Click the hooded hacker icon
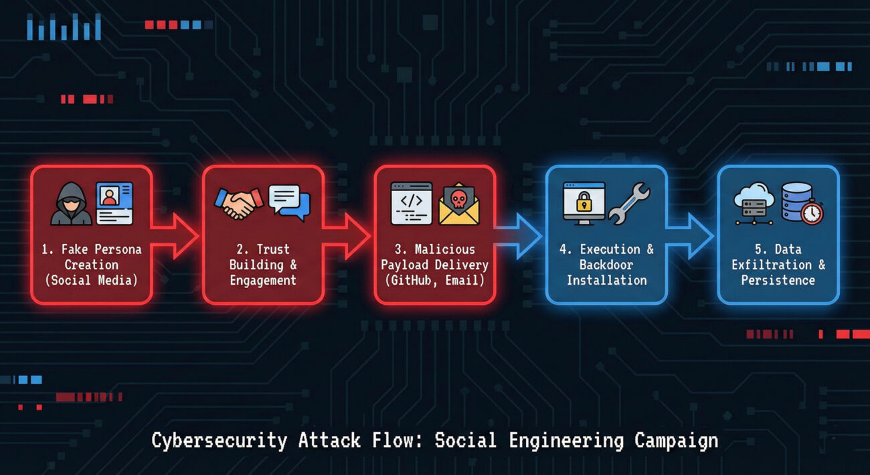[x=71, y=204]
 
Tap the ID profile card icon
[x=114, y=202]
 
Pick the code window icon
[x=412, y=203]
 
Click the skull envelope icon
[x=459, y=204]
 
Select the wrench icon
[x=629, y=204]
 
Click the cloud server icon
[x=754, y=203]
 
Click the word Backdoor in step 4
[x=606, y=265]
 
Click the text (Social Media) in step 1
[x=91, y=280]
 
